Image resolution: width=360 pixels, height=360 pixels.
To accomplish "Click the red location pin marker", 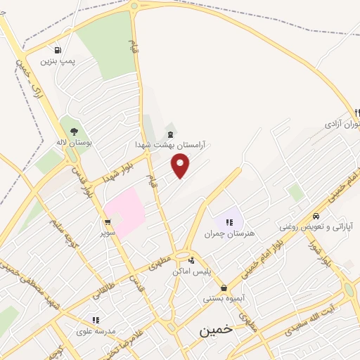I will [181, 166].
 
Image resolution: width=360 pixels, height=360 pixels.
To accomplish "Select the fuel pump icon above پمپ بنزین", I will [57, 51].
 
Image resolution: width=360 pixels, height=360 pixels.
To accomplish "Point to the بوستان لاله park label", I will [75, 141].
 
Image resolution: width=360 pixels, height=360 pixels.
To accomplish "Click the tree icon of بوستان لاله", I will [75, 131].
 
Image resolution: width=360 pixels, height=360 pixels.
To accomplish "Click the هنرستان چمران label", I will [229, 233].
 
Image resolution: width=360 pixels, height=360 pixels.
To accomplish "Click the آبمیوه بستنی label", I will [224, 298].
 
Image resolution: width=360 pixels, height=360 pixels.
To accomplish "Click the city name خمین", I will [215, 330].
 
